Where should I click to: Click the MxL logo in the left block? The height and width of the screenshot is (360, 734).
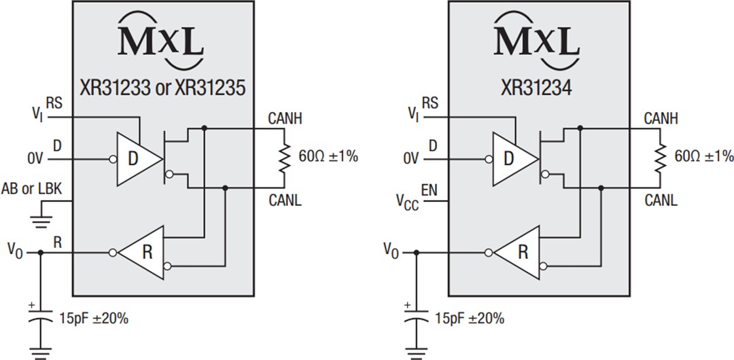point(162,41)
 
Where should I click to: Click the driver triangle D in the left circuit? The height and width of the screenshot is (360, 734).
point(138,159)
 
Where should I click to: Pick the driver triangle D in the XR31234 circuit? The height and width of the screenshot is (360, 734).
point(514,159)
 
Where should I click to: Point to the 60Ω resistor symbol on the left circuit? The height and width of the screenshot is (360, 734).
point(283,156)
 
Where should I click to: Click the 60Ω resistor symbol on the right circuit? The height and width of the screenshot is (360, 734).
point(659,156)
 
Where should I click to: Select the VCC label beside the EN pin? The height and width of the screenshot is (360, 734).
point(407,202)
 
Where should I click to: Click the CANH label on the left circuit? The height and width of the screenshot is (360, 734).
point(283,120)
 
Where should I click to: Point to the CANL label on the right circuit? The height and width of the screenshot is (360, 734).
point(659,201)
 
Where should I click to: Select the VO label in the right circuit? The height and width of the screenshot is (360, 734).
point(391,252)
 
